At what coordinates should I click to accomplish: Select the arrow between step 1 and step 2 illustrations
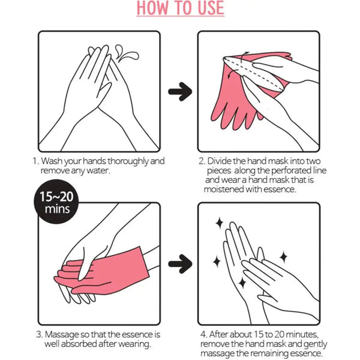coord(179,92)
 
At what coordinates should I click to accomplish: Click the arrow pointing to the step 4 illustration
coord(179,263)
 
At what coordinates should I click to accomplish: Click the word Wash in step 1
coord(56,161)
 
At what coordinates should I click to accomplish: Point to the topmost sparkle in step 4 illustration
coord(219,223)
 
